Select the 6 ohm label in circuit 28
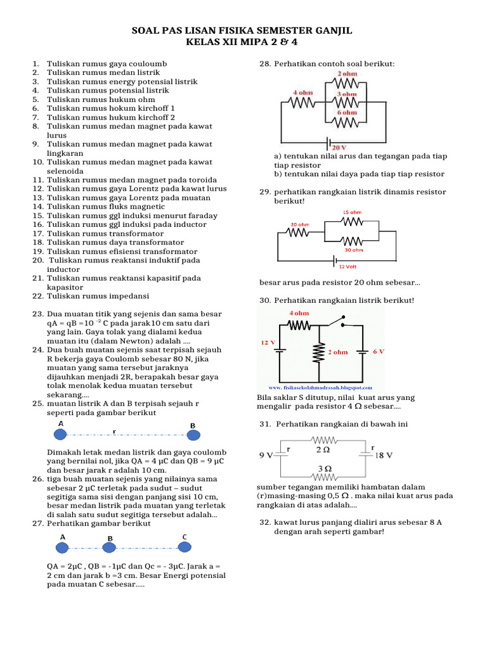click(x=346, y=112)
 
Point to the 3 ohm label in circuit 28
click(x=346, y=93)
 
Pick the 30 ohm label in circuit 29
click(x=354, y=250)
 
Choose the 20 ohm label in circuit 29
click(x=300, y=224)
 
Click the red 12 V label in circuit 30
click(x=268, y=342)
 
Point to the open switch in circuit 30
click(x=336, y=321)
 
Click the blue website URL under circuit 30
click(x=320, y=387)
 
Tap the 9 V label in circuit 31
click(x=266, y=455)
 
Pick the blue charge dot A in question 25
click(x=60, y=434)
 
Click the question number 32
click(x=265, y=522)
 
